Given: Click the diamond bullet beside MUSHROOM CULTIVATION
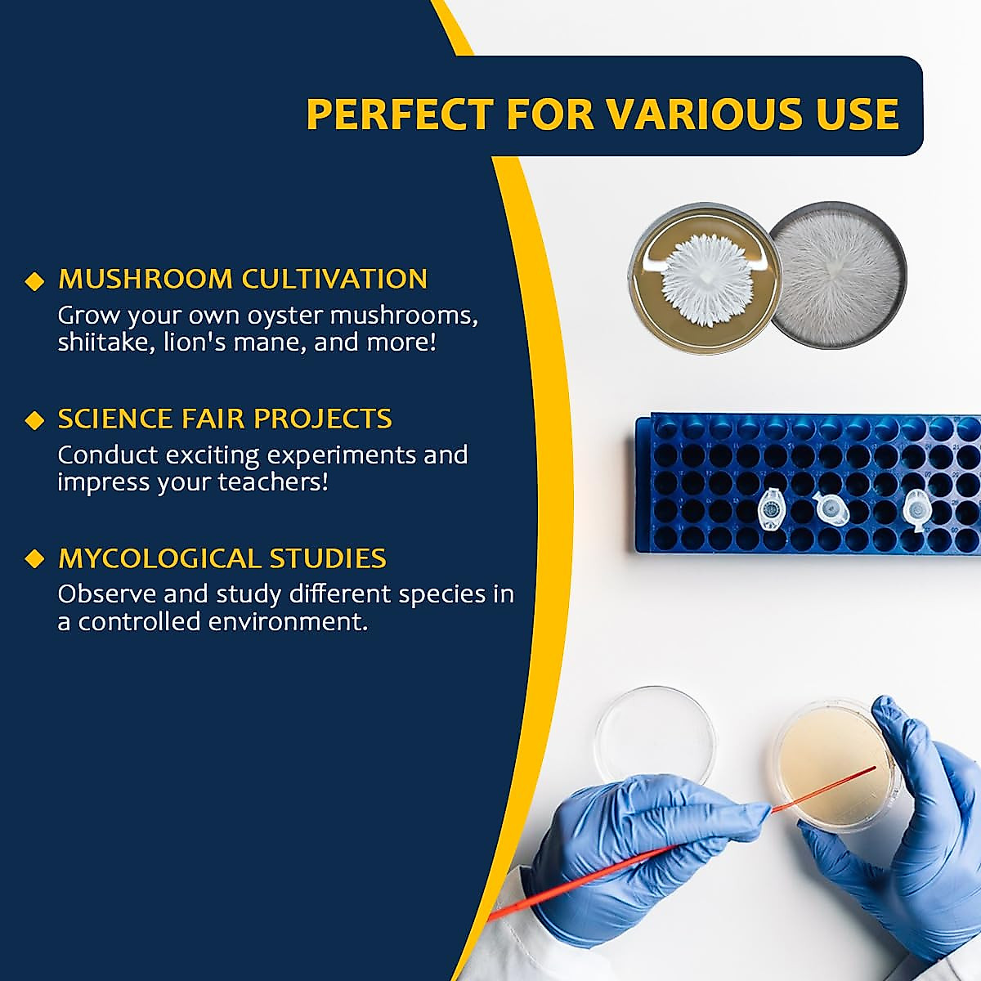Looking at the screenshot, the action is point(34,281).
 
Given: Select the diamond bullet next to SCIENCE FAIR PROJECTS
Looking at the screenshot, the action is point(34,420).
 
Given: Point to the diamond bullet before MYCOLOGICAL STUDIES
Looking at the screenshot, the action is point(34,559).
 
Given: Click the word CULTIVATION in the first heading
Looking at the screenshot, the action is point(334,279).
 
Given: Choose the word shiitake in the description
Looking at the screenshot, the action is point(106,342).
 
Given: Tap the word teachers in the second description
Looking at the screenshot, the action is point(273,482).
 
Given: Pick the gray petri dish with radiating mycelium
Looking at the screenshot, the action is point(837,276).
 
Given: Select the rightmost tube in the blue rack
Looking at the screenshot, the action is point(914,509).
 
